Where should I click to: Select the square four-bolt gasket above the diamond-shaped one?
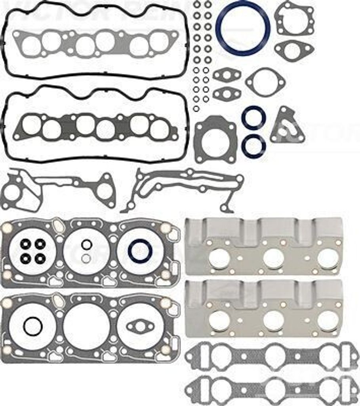[295, 18]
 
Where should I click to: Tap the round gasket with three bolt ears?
[265, 82]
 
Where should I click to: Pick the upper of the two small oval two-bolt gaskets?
[227, 75]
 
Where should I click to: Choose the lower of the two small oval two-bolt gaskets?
[227, 94]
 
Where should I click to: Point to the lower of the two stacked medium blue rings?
[253, 146]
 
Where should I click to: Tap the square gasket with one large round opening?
[215, 140]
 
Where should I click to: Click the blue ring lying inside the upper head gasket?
[140, 251]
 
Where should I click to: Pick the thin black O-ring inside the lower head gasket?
[33, 326]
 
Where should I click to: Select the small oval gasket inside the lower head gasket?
[140, 326]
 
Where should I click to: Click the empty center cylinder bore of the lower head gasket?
[86, 326]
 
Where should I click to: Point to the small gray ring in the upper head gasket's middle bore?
[86, 259]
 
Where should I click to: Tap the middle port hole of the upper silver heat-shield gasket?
[273, 259]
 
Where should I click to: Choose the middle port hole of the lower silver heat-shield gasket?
[273, 320]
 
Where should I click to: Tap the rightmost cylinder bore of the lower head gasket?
[140, 326]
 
